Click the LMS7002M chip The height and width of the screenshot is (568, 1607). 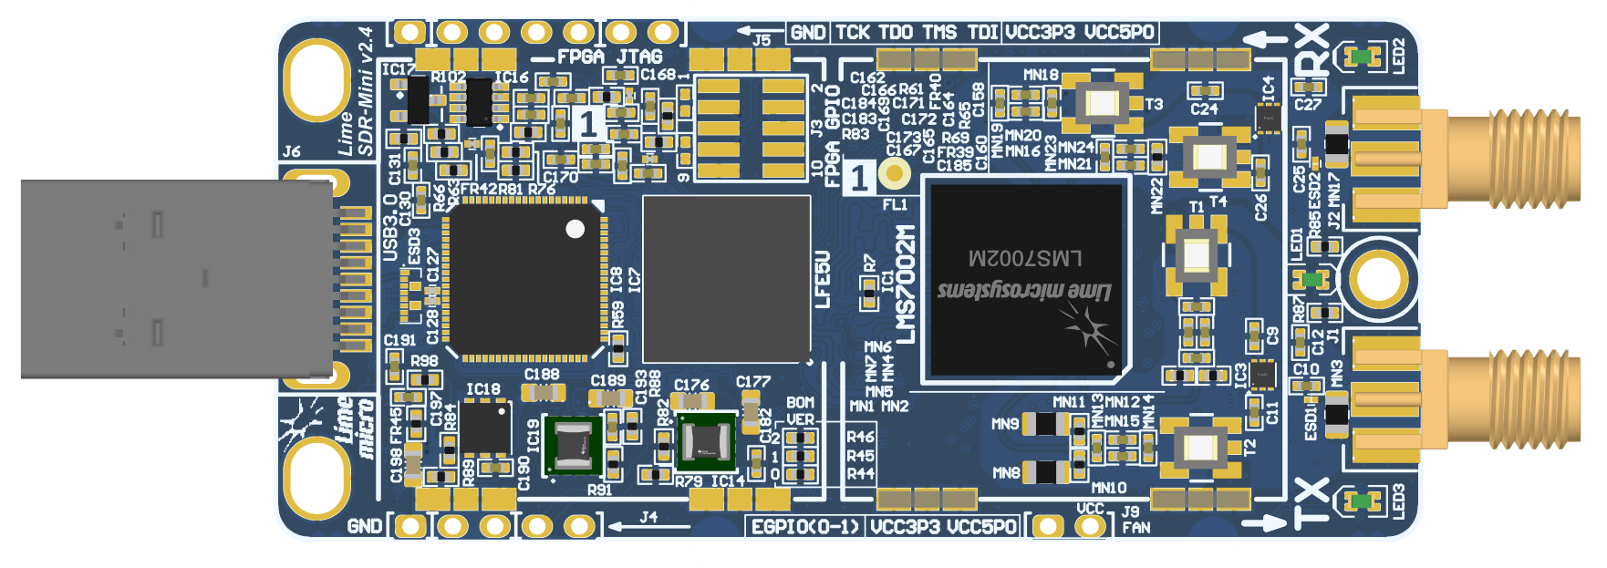click(x=1026, y=278)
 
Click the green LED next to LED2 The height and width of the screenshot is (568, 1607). click(x=1362, y=57)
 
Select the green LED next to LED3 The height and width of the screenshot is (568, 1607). click(x=1362, y=501)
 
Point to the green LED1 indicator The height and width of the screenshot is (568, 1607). click(x=1312, y=278)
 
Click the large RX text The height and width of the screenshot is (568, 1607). click(x=1312, y=51)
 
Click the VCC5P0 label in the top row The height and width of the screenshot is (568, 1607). click(x=1119, y=33)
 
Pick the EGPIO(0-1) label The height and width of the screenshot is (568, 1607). click(x=805, y=527)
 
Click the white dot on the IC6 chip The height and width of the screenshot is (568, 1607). click(x=575, y=229)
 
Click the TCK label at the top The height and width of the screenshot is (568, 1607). click(x=853, y=33)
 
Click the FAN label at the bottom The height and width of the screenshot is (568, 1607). click(x=1135, y=527)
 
